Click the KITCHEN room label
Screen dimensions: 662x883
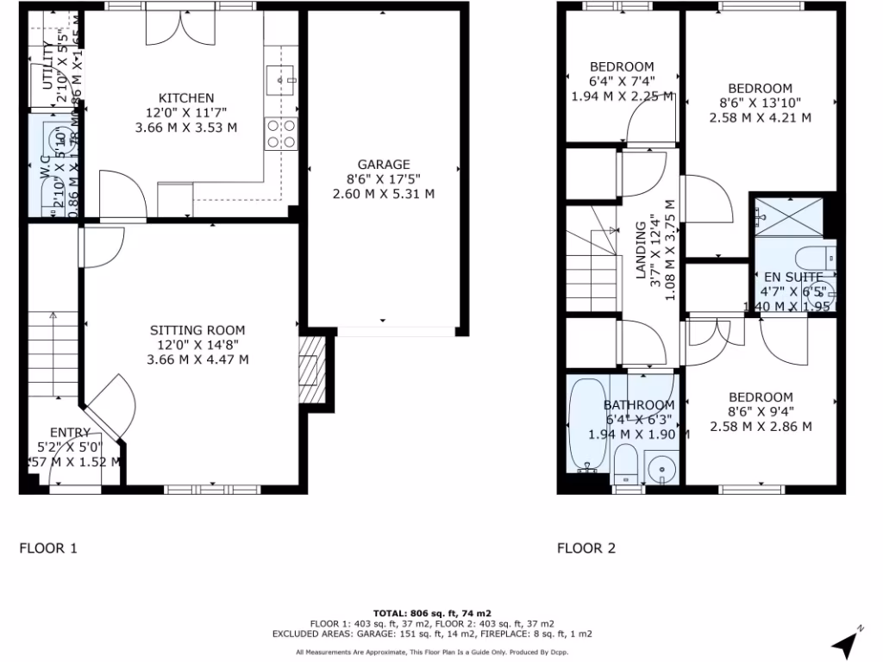pos(185,98)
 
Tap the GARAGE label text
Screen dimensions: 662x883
pos(384,165)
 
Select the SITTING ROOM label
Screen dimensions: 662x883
pos(197,330)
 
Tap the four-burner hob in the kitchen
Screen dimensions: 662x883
pos(282,133)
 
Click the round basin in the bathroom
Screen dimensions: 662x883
pos(663,471)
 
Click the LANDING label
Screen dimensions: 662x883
pos(641,250)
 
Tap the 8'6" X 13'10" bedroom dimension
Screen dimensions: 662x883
pos(760,103)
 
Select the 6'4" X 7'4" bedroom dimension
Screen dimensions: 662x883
pos(621,81)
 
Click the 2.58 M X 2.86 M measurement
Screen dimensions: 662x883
pos(761,426)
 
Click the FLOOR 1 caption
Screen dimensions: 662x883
pos(48,547)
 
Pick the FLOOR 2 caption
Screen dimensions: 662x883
pos(586,547)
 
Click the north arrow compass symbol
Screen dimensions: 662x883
pos(847,640)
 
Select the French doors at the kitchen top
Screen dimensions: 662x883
pos(177,28)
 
